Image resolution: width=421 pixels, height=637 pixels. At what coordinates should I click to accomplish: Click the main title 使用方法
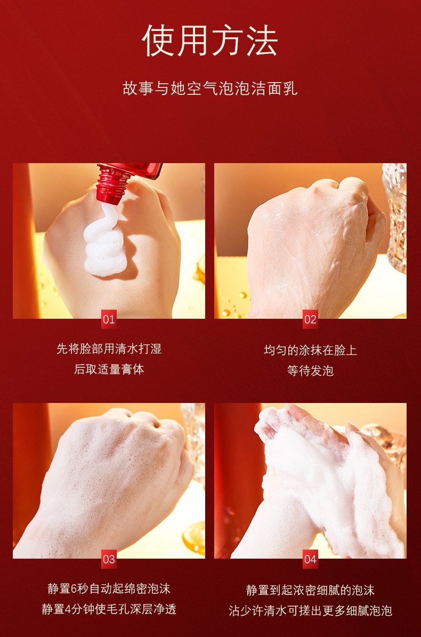(x=210, y=40)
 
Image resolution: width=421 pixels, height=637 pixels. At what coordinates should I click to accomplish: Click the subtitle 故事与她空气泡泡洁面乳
(x=210, y=88)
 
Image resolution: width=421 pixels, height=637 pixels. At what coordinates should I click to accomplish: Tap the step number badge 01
(x=109, y=319)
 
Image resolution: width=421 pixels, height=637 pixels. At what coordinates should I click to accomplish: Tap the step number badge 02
(x=310, y=319)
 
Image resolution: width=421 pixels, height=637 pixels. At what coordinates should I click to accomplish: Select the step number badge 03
(x=109, y=559)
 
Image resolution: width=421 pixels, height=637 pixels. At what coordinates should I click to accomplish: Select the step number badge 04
(x=310, y=559)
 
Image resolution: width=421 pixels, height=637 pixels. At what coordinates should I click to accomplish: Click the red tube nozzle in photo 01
(x=112, y=185)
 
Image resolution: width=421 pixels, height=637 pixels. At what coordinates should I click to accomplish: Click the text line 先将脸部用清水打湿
(x=109, y=349)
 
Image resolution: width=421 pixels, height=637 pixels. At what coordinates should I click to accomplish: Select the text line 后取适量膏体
(x=109, y=369)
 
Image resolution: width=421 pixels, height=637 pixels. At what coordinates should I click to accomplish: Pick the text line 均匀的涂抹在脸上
(x=310, y=350)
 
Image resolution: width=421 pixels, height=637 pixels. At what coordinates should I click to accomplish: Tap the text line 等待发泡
(x=310, y=370)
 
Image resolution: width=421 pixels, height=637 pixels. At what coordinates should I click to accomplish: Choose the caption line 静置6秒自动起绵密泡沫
(x=109, y=588)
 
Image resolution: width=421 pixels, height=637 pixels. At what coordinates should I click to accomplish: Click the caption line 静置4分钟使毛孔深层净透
(x=109, y=609)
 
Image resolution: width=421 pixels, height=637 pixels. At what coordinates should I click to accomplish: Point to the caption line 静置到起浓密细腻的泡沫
(x=310, y=590)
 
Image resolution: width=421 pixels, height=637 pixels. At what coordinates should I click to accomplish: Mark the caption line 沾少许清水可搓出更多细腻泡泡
(x=310, y=610)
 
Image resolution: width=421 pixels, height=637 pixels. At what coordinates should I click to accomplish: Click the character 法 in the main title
(x=262, y=41)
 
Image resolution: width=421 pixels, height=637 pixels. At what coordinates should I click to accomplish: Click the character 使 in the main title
(x=158, y=41)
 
